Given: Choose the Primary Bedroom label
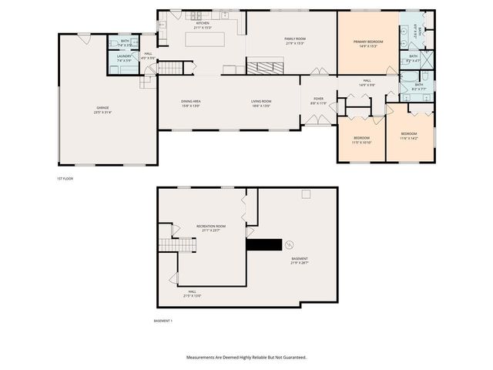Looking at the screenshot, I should point(368,42).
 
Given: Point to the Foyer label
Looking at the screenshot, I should point(318,100).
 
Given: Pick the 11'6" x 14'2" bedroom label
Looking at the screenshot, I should point(408,136).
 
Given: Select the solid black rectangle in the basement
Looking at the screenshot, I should point(263,244).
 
